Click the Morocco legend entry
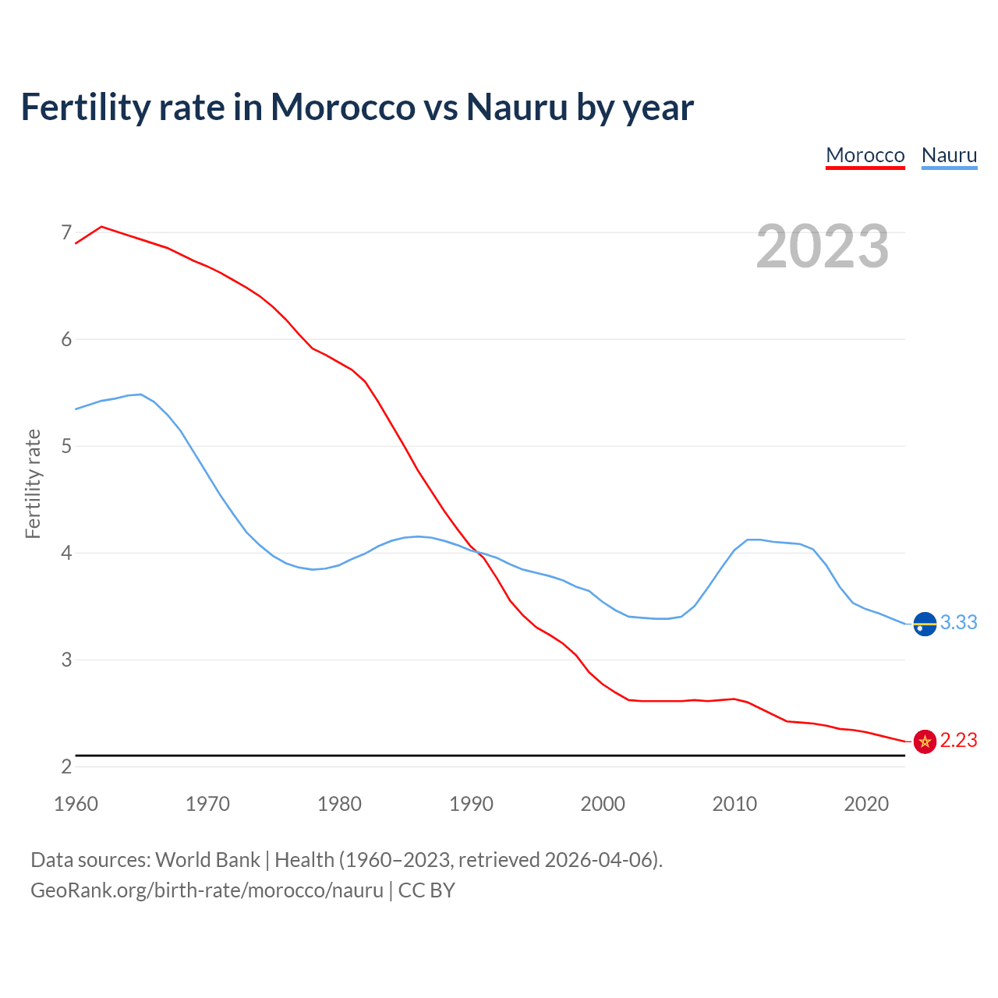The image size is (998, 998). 865,155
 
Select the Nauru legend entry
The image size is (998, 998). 949,155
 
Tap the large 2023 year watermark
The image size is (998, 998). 822,246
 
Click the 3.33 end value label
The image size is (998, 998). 958,622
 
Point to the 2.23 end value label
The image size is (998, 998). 958,740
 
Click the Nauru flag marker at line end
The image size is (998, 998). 925,625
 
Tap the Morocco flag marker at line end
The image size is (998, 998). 925,741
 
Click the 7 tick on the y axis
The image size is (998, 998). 66,232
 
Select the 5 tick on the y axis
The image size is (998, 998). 66,446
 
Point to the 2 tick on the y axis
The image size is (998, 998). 66,766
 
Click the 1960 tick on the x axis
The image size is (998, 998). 76,804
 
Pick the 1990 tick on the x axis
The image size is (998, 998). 471,804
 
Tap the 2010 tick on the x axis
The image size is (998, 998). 734,804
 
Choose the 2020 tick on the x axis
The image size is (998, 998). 866,804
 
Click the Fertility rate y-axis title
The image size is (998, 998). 33,483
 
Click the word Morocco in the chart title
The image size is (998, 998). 342,107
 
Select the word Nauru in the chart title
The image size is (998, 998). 517,107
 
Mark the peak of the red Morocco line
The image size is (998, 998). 101,226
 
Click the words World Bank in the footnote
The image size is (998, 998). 207,860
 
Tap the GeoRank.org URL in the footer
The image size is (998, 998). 207,890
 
